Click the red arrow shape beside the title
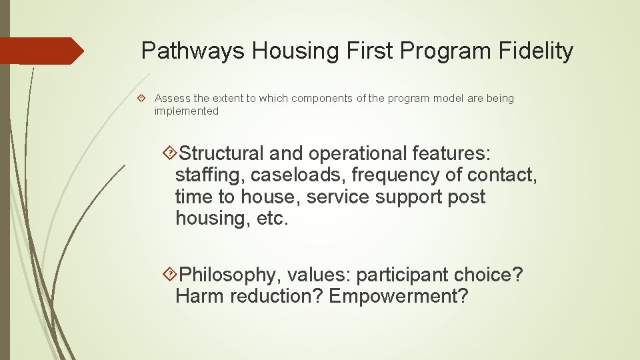point(41,51)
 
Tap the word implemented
point(187,111)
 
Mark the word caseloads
point(300,175)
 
